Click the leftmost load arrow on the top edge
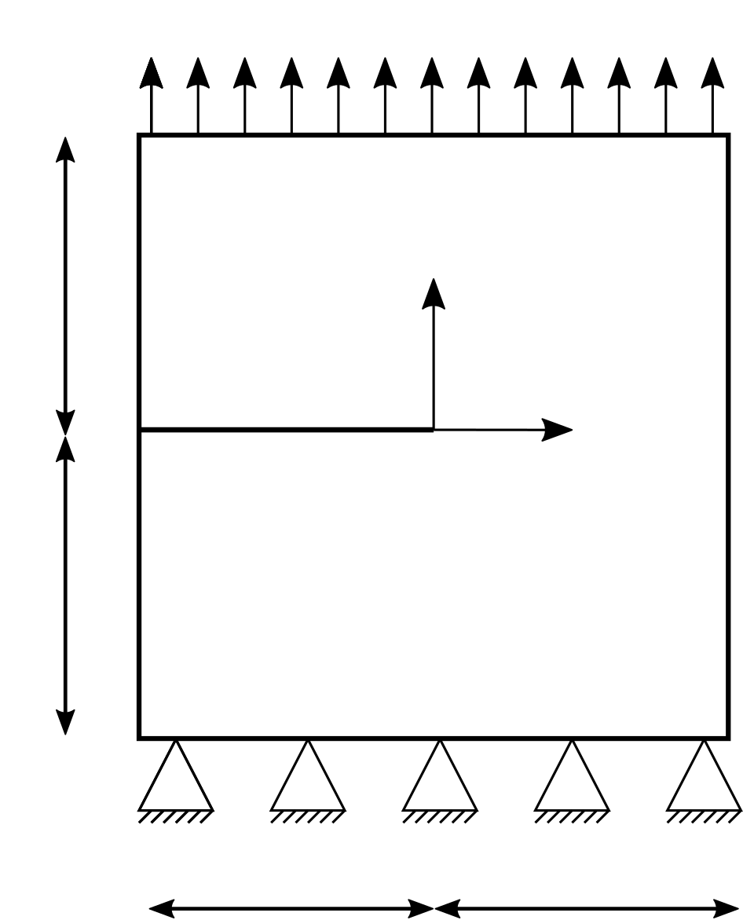[x=152, y=94]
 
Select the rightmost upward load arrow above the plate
[x=712, y=94]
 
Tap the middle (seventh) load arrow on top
[x=432, y=94]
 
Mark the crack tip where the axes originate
[x=433, y=430]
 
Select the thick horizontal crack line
[x=287, y=430]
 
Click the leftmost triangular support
[x=176, y=783]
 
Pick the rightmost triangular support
[x=704, y=783]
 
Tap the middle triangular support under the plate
[x=440, y=783]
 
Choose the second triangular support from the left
[x=308, y=783]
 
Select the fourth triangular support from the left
[x=572, y=783]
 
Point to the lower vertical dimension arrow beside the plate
[x=65, y=585]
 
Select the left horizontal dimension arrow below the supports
[x=291, y=909]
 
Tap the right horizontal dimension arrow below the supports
[x=586, y=909]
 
